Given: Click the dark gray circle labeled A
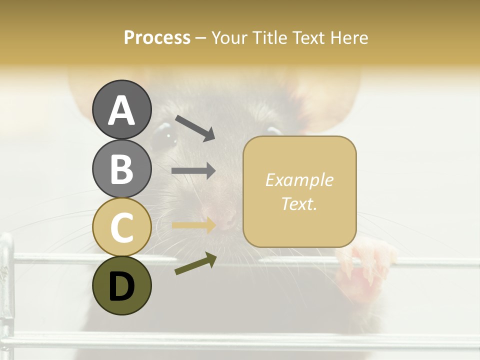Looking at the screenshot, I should click(x=121, y=109).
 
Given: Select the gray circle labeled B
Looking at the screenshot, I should click(x=121, y=168).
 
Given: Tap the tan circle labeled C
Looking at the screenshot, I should click(x=121, y=227).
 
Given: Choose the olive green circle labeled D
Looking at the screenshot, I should click(x=121, y=285).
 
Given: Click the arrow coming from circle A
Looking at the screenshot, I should click(x=194, y=128).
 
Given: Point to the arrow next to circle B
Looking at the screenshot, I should click(x=193, y=171).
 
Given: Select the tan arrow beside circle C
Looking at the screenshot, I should click(x=193, y=225).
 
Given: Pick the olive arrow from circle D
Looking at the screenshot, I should click(x=195, y=263).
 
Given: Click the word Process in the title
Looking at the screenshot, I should click(x=157, y=37).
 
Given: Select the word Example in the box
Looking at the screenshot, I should click(x=299, y=180).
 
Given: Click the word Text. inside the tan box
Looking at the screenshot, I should click(x=299, y=204).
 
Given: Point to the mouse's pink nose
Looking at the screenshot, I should click(x=226, y=218).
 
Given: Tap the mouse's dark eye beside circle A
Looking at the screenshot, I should click(x=164, y=136).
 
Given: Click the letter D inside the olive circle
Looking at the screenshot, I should click(x=121, y=286).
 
